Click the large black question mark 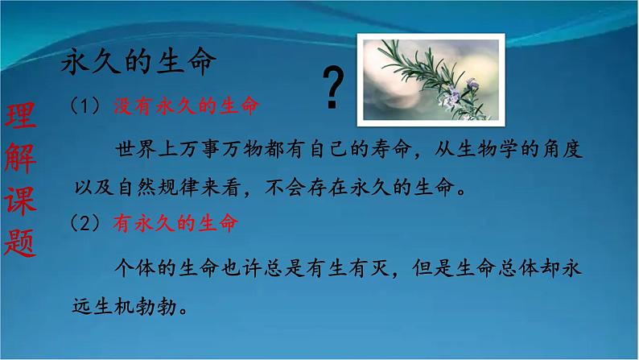coord(334,89)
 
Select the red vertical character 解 coord(21,161)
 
